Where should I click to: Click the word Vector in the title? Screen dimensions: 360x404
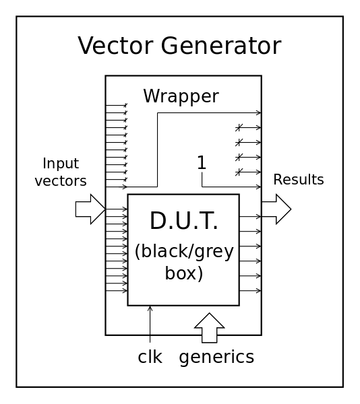115,46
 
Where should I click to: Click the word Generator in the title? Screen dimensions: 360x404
220,46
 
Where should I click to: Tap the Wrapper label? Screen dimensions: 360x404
181,97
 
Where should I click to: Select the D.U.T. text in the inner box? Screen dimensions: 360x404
183,221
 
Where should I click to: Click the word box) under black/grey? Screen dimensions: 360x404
184,273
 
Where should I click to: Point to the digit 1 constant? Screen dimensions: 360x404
202,162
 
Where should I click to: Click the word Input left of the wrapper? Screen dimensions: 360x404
61,164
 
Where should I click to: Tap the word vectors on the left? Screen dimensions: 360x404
61,181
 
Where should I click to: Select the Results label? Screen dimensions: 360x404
299,179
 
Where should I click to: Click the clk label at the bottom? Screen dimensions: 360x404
150,357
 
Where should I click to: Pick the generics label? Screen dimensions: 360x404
216,358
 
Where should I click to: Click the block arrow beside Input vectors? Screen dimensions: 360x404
90,209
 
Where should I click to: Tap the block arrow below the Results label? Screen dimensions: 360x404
276,209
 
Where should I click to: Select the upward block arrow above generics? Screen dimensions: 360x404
210,328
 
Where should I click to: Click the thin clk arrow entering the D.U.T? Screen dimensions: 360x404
150,324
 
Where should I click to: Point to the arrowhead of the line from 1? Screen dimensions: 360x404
259,187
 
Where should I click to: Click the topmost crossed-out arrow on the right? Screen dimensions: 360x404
248,127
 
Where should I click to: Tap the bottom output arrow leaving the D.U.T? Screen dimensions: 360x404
250,291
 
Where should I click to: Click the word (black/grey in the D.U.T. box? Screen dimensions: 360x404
184,252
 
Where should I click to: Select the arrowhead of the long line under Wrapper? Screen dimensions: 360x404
259,112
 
